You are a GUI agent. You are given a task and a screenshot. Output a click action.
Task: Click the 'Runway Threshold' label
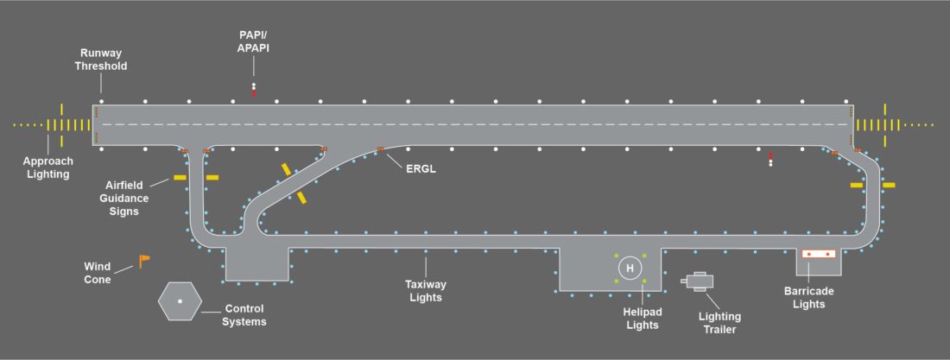pyautogui.click(x=101, y=59)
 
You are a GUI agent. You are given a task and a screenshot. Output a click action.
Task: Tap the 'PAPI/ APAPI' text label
pyautogui.click(x=254, y=41)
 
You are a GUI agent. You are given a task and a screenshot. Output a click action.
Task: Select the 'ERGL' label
pyautogui.click(x=421, y=168)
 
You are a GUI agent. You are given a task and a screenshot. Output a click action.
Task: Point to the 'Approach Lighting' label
pyautogui.click(x=47, y=167)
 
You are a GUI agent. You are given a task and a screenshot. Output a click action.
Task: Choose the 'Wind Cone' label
pyautogui.click(x=98, y=273)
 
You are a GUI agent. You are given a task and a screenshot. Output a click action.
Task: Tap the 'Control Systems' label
pyautogui.click(x=244, y=315)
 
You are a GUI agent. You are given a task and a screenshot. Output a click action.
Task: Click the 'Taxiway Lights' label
pyautogui.click(x=424, y=290)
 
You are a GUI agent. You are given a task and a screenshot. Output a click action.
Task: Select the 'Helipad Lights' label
pyautogui.click(x=642, y=318)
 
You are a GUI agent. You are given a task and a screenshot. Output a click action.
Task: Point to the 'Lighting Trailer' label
pyautogui.click(x=719, y=322)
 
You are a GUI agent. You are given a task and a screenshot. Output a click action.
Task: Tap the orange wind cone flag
pyautogui.click(x=144, y=260)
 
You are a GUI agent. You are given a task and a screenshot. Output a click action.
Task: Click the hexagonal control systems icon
pyautogui.click(x=180, y=300)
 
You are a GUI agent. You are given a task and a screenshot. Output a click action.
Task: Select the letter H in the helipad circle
pyautogui.click(x=630, y=268)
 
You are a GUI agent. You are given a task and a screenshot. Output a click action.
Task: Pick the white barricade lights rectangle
pyautogui.click(x=819, y=254)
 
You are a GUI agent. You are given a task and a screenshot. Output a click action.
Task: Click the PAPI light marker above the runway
pyautogui.click(x=254, y=88)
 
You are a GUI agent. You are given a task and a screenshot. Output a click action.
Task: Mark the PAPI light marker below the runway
pyautogui.click(x=770, y=159)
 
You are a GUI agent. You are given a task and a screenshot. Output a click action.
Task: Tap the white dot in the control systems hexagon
pyautogui.click(x=180, y=300)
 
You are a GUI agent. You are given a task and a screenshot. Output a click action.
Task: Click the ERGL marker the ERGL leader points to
pyautogui.click(x=379, y=150)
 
